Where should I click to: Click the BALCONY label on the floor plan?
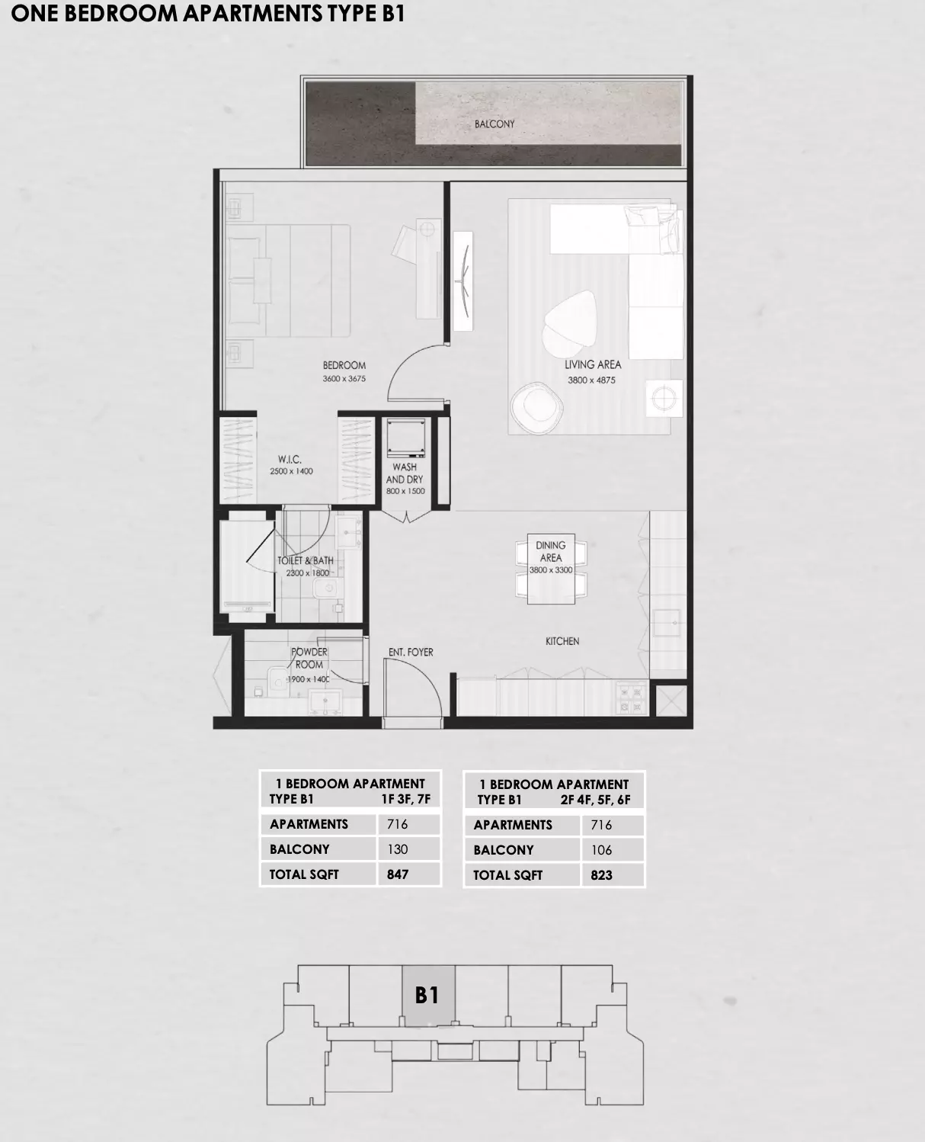pyautogui.click(x=495, y=124)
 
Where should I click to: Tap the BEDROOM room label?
pyautogui.click(x=344, y=365)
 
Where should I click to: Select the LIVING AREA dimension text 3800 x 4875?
pyautogui.click(x=591, y=380)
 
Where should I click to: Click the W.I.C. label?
pyautogui.click(x=290, y=460)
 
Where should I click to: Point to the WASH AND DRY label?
pyautogui.click(x=405, y=473)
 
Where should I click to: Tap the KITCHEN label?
pyautogui.click(x=562, y=641)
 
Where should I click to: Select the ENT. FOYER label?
pyautogui.click(x=411, y=653)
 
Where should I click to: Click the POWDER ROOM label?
pyautogui.click(x=309, y=658)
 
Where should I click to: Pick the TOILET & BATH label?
pyautogui.click(x=306, y=560)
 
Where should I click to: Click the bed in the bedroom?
pyautogui.click(x=290, y=280)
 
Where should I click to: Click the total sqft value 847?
pyautogui.click(x=398, y=874)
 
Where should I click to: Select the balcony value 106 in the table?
pyautogui.click(x=601, y=850)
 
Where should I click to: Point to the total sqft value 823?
pyautogui.click(x=601, y=875)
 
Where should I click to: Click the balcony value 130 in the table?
pyautogui.click(x=398, y=849)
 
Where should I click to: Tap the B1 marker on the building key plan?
pyautogui.click(x=427, y=995)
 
